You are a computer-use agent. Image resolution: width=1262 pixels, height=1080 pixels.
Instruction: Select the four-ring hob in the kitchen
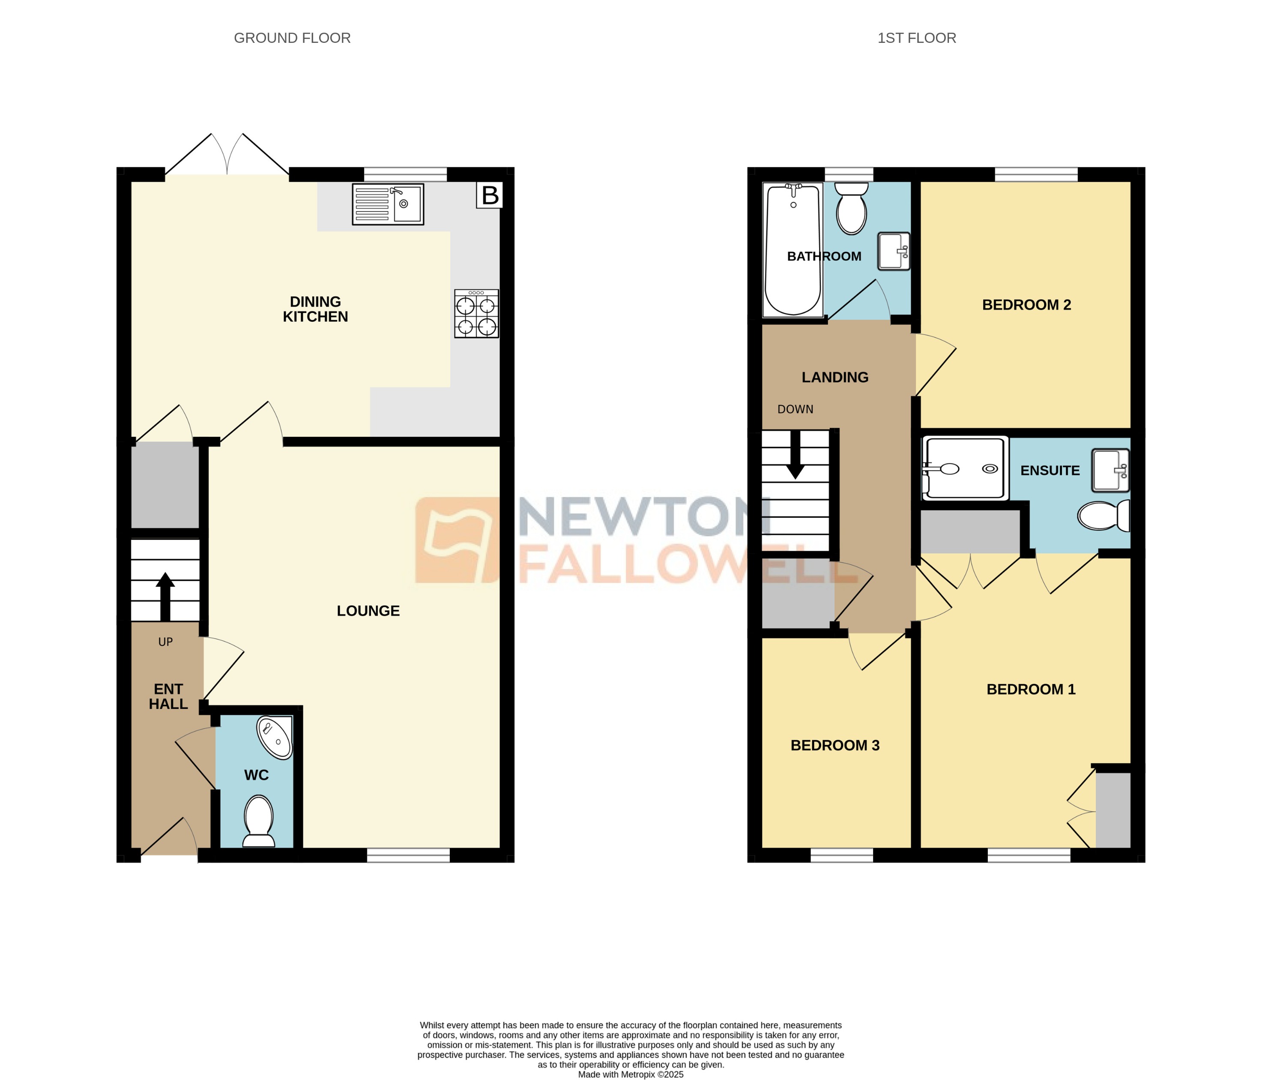click(476, 314)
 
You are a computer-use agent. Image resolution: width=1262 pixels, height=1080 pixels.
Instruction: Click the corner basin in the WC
click(276, 738)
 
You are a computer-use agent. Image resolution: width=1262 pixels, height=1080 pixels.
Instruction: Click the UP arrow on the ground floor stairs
click(165, 596)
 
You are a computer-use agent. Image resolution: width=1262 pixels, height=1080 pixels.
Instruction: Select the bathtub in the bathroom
click(792, 250)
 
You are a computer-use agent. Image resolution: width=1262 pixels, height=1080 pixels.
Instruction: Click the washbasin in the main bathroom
click(894, 251)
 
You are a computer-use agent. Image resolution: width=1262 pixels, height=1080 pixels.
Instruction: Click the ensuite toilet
click(1104, 516)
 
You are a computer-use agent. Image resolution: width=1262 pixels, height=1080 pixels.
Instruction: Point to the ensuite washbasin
click(1110, 470)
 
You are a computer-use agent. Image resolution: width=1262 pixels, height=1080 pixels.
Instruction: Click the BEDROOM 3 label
click(834, 745)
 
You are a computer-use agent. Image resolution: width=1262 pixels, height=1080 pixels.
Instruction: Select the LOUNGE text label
click(368, 611)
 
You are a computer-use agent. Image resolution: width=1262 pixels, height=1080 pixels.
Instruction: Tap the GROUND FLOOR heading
click(292, 39)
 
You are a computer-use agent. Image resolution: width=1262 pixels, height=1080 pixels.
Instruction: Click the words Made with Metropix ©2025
click(631, 1074)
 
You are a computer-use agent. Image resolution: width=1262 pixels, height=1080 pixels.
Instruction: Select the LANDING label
click(834, 377)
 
